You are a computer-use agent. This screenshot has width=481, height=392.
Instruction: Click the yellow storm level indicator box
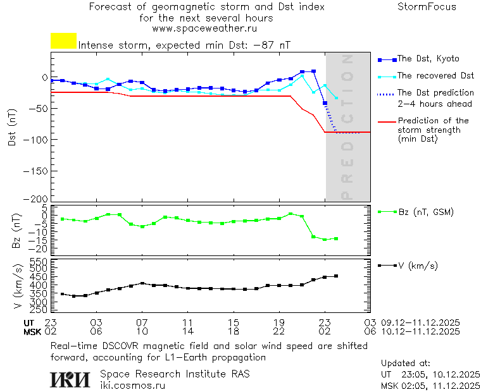(63, 41)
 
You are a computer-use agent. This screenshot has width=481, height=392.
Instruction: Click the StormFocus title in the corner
(427, 7)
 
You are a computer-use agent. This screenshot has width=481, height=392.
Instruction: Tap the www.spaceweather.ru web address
(204, 28)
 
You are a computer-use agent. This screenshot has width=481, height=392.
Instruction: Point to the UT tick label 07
(143, 322)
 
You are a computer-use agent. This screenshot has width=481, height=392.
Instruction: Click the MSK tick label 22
(279, 331)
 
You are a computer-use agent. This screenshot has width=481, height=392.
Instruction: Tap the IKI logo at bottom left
(69, 379)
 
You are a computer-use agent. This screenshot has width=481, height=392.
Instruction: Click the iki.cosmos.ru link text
(133, 385)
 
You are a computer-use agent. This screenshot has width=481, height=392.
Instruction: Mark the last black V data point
(336, 276)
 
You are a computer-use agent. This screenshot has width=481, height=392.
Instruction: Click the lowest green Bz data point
(325, 240)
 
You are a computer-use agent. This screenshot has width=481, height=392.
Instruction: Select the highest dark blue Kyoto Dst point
(313, 71)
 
